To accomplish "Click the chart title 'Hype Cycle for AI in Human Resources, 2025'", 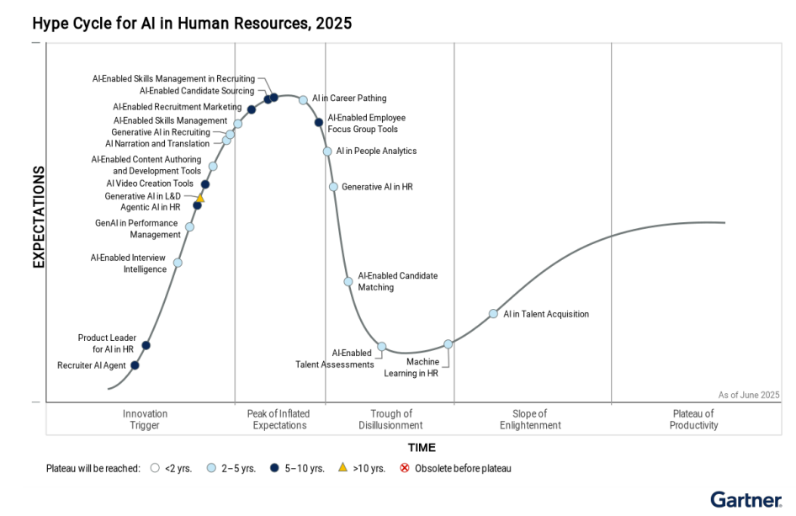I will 192,24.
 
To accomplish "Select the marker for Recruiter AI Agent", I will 135,365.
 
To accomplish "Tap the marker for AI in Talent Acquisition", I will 494,314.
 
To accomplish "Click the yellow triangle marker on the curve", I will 200,198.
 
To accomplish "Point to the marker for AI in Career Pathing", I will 304,99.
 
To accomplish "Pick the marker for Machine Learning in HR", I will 448,343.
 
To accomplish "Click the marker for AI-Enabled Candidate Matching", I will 348,281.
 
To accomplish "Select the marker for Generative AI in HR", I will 334,187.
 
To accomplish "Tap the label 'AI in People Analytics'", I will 376,152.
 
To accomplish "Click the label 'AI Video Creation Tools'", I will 150,184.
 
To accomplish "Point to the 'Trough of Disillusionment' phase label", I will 391,419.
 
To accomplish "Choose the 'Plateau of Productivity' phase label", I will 694,419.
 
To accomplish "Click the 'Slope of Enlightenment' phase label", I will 530,419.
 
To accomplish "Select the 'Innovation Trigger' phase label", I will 145,419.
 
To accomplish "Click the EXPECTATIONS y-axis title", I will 39,217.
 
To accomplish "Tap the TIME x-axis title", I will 422,448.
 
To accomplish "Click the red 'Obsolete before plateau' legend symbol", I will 405,468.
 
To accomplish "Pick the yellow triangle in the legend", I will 342,468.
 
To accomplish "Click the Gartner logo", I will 746,499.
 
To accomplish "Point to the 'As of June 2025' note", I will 749,395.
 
